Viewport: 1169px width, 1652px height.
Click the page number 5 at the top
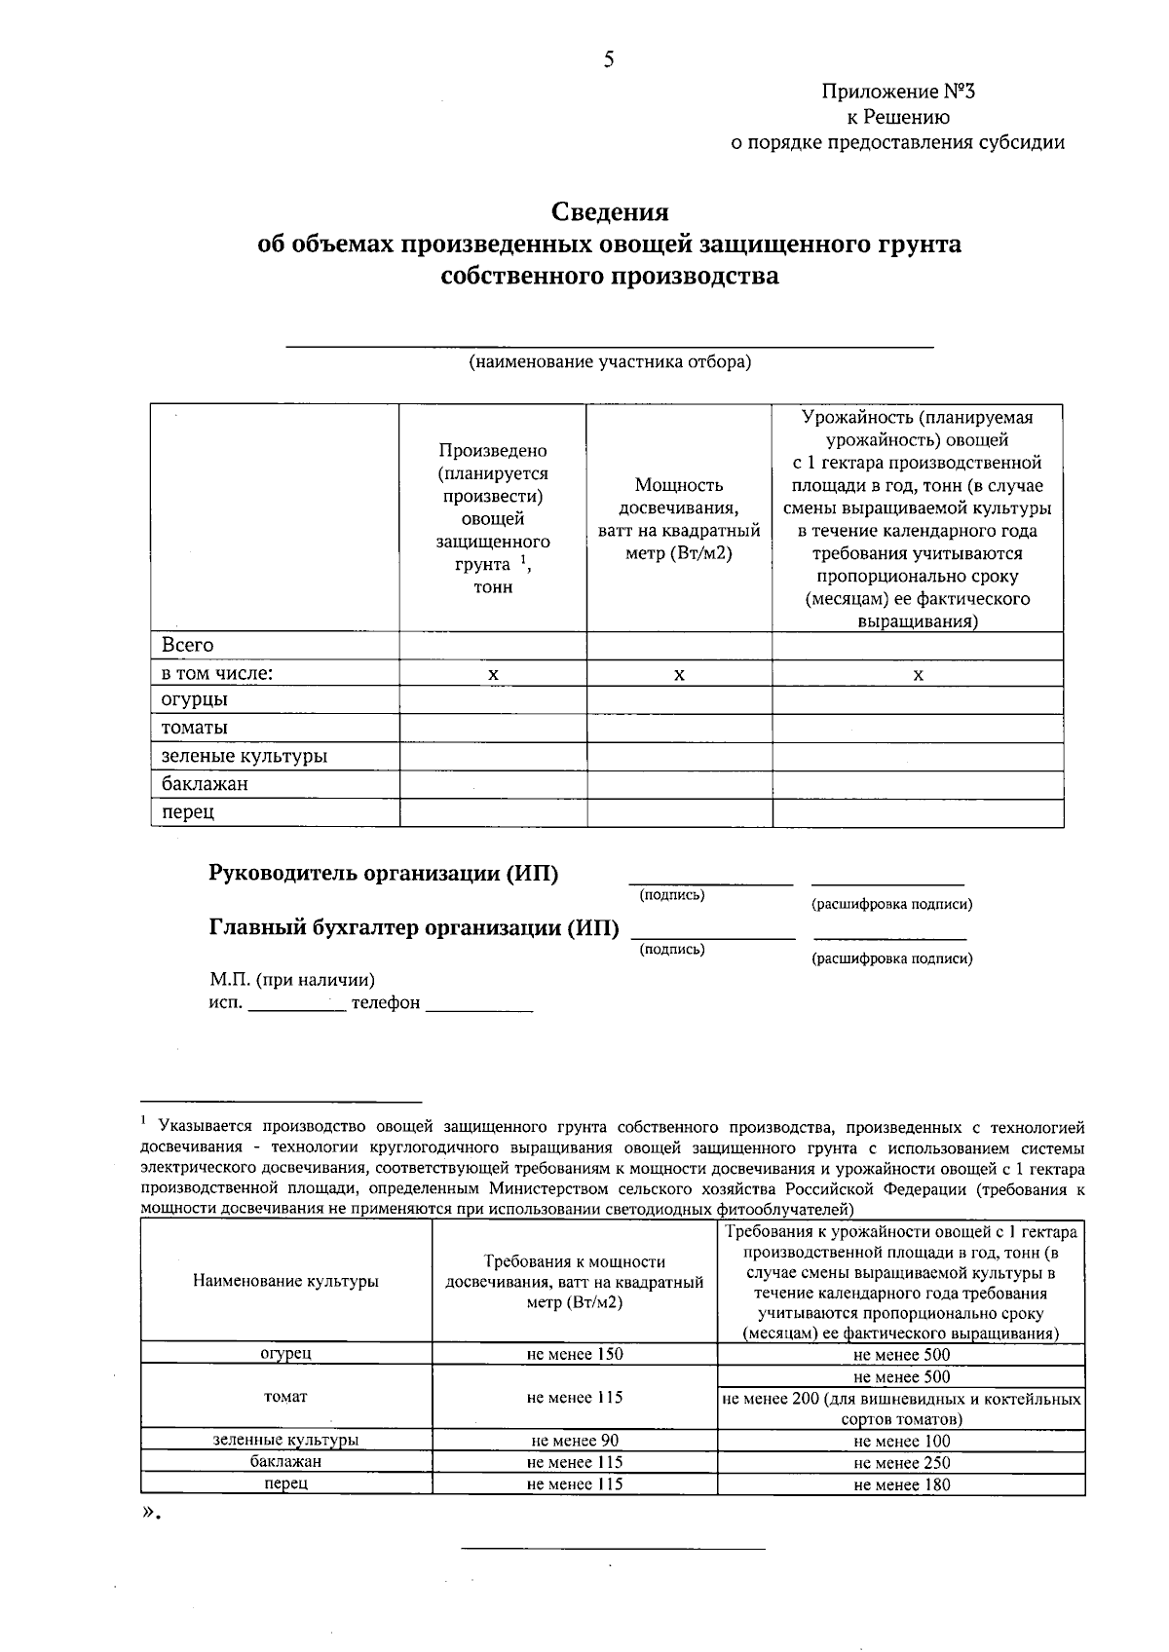coord(609,60)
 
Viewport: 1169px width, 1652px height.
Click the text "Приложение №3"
coord(897,93)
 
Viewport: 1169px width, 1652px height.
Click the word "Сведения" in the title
coord(610,211)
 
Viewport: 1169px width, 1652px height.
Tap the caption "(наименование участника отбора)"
coord(610,362)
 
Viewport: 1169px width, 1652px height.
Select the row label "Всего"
coord(187,645)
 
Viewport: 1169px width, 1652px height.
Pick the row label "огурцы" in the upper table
coord(195,699)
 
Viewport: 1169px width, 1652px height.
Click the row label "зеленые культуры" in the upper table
coord(244,756)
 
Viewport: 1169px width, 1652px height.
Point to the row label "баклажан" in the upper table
coord(205,784)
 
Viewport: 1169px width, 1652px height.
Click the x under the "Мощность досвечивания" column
coord(679,674)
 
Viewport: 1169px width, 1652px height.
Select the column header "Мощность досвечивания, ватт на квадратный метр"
coord(679,518)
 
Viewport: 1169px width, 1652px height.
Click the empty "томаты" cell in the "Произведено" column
coord(492,728)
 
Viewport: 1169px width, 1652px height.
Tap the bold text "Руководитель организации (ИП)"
coord(384,874)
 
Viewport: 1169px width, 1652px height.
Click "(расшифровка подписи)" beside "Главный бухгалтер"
coord(891,958)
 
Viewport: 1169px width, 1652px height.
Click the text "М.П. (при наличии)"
coord(292,980)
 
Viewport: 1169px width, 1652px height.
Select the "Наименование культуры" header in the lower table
coord(285,1282)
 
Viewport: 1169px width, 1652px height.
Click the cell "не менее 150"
coord(574,1354)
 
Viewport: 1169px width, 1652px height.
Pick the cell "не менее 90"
coord(574,1441)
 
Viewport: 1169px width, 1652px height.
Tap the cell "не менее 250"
coord(901,1463)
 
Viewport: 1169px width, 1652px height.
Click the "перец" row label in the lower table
coord(285,1483)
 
